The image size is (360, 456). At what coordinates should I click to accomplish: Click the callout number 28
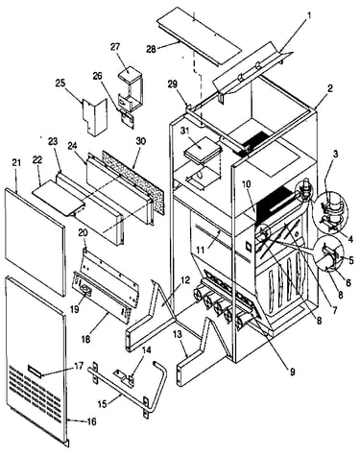[151, 49]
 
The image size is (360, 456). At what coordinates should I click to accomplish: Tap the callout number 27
[115, 47]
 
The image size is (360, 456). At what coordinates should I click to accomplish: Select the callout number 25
[60, 84]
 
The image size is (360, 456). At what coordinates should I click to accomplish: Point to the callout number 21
[16, 162]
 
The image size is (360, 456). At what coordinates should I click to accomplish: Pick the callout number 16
[91, 421]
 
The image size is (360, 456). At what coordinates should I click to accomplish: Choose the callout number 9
[292, 372]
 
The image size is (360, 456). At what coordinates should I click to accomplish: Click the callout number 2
[330, 88]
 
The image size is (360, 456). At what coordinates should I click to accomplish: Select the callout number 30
[140, 141]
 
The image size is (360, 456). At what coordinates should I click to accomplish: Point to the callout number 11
[200, 250]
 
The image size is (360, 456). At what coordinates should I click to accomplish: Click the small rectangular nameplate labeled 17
[35, 369]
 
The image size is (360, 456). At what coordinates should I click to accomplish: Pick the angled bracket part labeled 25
[95, 117]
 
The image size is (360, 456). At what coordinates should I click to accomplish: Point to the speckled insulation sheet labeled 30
[132, 181]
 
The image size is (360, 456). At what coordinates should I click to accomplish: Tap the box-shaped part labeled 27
[131, 87]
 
